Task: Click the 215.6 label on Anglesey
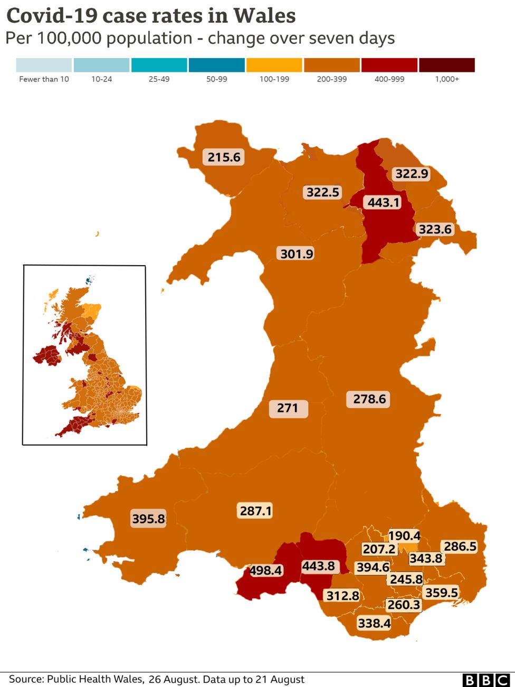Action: [224, 157]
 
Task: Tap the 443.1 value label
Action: [384, 202]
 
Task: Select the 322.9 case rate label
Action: [412, 174]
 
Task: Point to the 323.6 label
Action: [435, 229]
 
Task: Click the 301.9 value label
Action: [297, 254]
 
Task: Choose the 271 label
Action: [288, 408]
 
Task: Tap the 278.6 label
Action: [369, 399]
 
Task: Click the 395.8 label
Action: [148, 519]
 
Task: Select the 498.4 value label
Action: [265, 570]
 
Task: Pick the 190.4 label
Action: [404, 536]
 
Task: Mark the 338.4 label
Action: [374, 624]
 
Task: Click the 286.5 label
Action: [460, 546]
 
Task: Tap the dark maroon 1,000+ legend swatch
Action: [447, 65]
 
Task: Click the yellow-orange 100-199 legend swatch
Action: [274, 65]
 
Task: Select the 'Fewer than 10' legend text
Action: [44, 79]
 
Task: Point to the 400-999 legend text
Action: [389, 79]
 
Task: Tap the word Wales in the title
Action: [265, 16]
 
